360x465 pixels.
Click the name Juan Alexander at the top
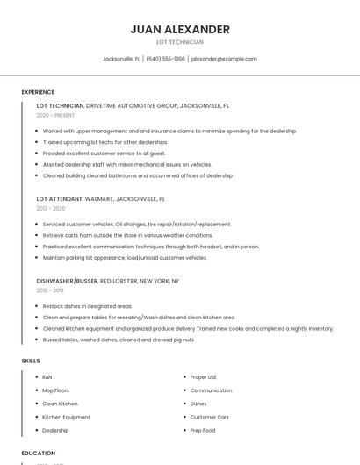pos(180,29)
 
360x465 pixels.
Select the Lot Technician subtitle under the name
pos(180,42)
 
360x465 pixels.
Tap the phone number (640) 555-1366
pos(166,59)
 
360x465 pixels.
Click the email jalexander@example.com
pos(224,59)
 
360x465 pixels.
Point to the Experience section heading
pos(38,92)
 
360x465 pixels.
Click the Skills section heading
pos(31,361)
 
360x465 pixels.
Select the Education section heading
pos(38,453)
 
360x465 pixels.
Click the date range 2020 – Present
pos(55,115)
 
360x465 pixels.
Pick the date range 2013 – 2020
pos(51,209)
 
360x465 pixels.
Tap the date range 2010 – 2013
pos(50,290)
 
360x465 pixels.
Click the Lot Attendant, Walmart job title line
pos(100,199)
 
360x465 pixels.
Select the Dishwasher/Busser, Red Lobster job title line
pos(107,281)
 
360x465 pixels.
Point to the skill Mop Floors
pos(55,390)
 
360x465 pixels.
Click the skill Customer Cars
pos(209,417)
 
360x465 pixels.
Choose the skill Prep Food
pos(203,430)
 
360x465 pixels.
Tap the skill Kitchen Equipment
pos(66,417)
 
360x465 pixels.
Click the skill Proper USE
pos(203,377)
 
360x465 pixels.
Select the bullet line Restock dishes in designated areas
pos(88,306)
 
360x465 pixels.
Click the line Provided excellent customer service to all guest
pos(104,153)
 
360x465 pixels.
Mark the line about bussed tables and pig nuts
pos(119,340)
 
